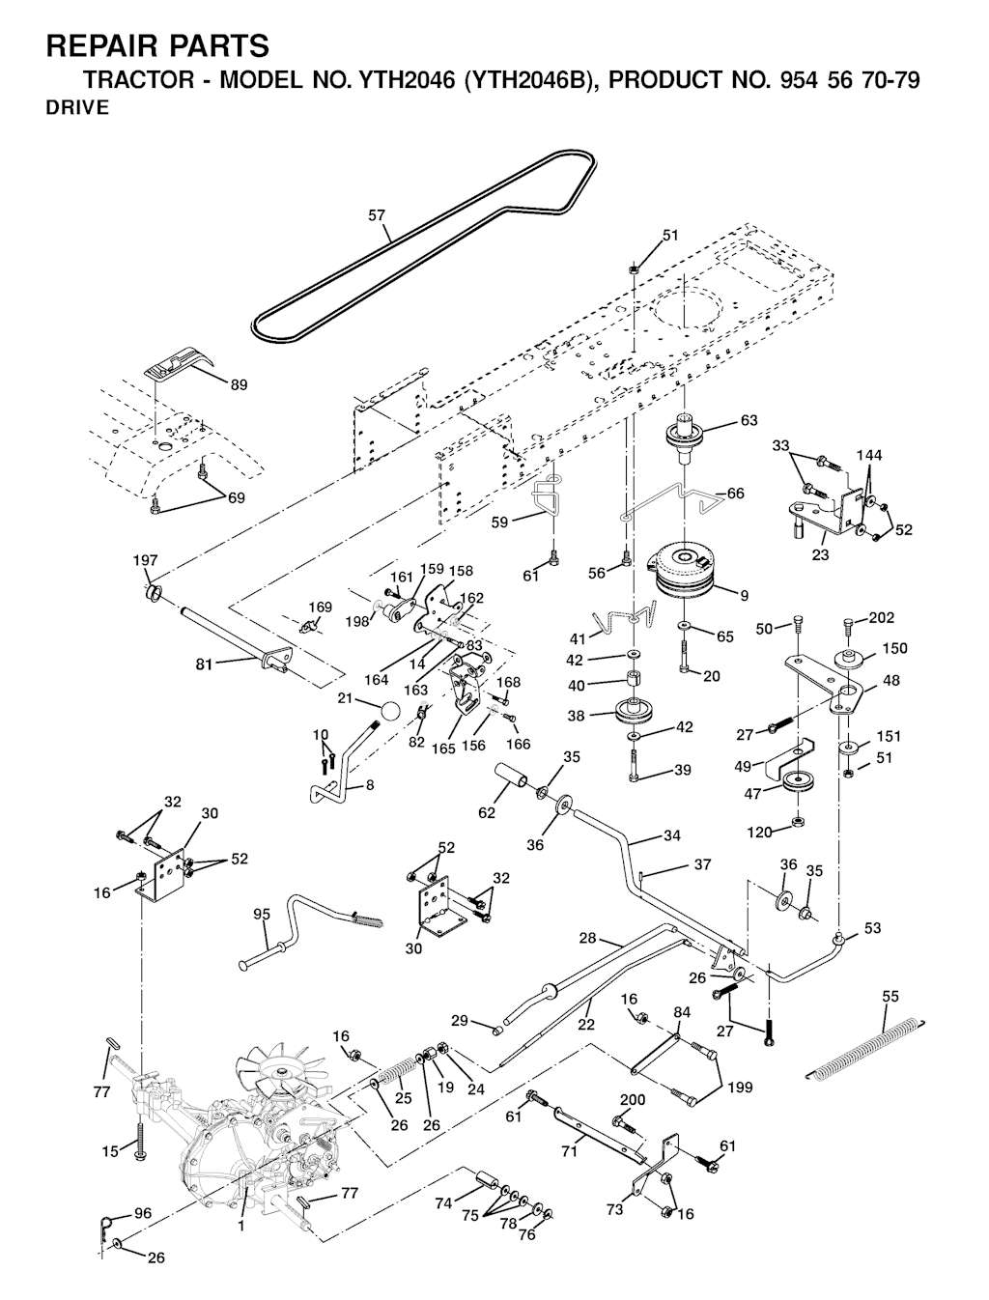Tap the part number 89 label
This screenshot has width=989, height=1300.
(238, 384)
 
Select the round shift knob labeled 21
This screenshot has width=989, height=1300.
(389, 712)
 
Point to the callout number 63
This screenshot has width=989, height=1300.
(749, 420)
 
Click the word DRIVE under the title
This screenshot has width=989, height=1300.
(77, 108)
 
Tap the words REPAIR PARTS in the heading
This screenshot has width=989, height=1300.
(157, 45)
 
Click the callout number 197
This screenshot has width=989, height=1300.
(145, 560)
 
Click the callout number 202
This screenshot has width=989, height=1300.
(881, 618)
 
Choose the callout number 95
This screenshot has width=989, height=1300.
(261, 914)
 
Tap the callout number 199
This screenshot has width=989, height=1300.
(741, 1088)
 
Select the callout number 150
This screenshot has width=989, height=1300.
(894, 648)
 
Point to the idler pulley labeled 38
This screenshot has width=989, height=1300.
(638, 716)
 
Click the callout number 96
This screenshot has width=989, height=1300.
(142, 1213)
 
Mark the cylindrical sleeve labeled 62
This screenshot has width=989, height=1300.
(510, 777)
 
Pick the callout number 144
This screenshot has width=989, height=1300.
(869, 455)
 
